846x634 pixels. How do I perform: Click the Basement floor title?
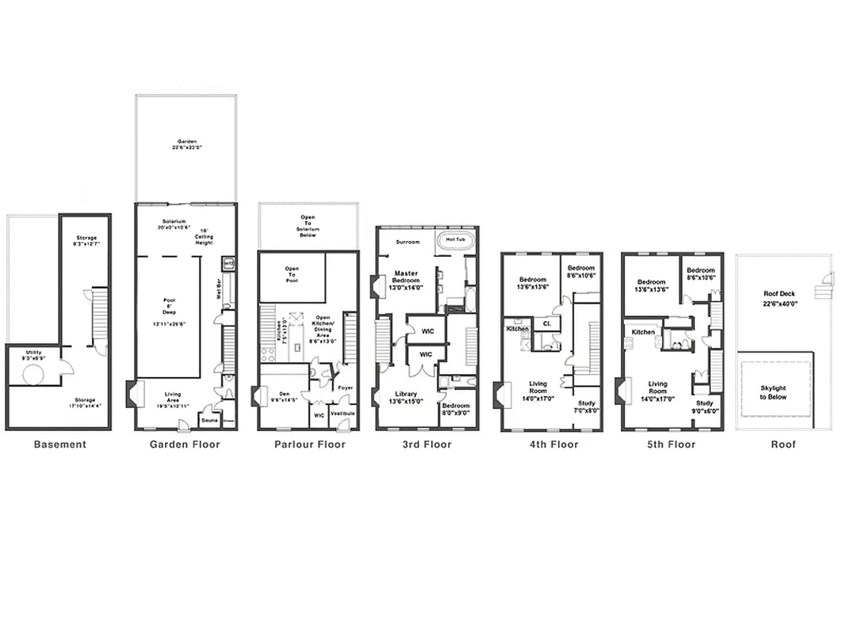pyautogui.click(x=59, y=445)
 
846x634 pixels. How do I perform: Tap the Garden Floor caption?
pyautogui.click(x=185, y=445)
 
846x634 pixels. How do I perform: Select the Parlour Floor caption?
pyautogui.click(x=310, y=445)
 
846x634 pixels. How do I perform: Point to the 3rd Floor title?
pyautogui.click(x=427, y=445)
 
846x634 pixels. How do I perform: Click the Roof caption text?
pyautogui.click(x=783, y=445)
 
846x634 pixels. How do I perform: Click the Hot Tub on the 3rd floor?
pyautogui.click(x=456, y=239)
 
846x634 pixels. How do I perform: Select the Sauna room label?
pyautogui.click(x=209, y=420)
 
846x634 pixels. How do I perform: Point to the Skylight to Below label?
pyautogui.click(x=773, y=392)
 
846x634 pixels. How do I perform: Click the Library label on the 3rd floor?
pyautogui.click(x=406, y=395)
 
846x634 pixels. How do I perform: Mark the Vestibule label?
pyautogui.click(x=342, y=413)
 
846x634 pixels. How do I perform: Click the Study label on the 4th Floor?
pyautogui.click(x=586, y=403)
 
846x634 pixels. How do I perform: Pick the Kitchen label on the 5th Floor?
pyautogui.click(x=643, y=332)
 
